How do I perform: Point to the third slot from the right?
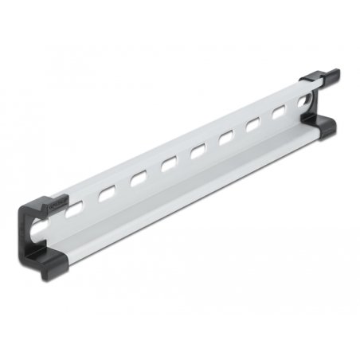click(254, 123)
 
